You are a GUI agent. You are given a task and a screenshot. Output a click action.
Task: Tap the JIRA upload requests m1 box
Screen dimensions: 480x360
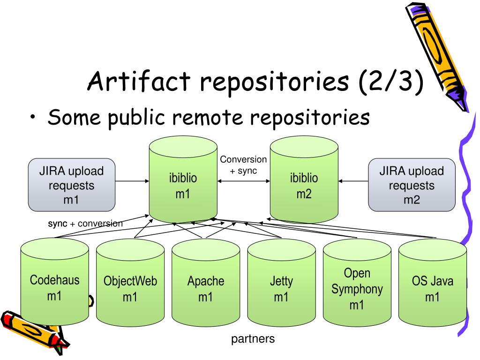[x=72, y=185]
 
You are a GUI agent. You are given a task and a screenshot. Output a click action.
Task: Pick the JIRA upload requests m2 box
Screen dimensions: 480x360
[x=412, y=185]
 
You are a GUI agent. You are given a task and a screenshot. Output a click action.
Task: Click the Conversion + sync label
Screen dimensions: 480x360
[x=243, y=165]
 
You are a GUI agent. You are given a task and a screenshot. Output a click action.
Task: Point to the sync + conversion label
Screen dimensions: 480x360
[x=85, y=224]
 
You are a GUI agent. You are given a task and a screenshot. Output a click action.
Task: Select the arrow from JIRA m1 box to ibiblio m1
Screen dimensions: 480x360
[x=132, y=181]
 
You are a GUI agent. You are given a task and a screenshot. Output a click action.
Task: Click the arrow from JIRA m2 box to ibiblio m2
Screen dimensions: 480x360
[x=353, y=181]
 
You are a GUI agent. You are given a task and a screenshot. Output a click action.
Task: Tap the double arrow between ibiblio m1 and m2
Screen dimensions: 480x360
[x=244, y=181]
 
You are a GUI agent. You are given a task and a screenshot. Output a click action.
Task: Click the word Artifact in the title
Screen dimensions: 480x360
[x=139, y=81]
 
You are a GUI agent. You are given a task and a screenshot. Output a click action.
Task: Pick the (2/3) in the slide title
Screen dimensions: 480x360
[x=391, y=82]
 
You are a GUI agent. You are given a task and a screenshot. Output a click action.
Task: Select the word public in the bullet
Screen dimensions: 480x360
[x=136, y=118]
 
